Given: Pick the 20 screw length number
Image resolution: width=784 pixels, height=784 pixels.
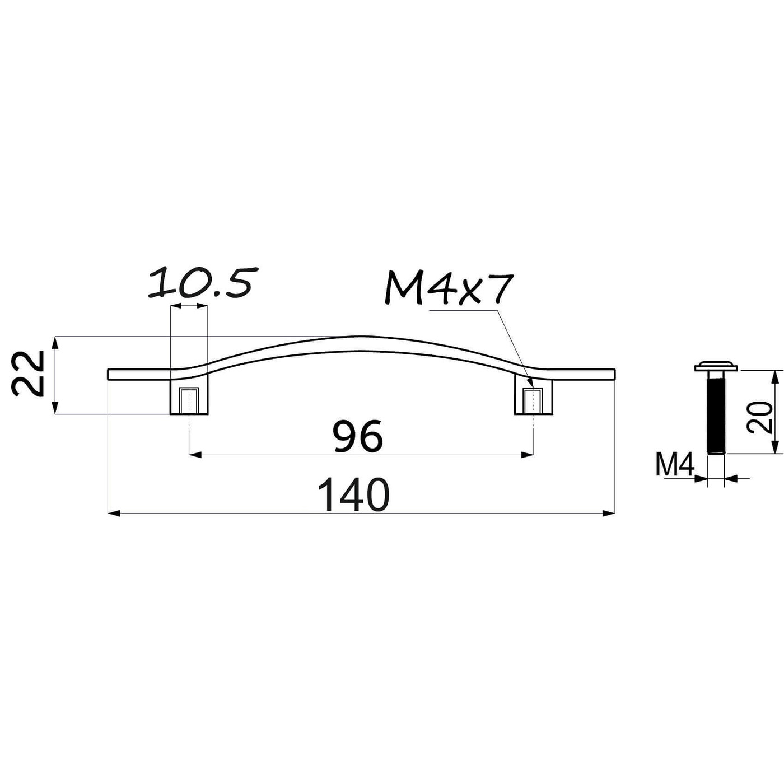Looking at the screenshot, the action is tap(759, 417).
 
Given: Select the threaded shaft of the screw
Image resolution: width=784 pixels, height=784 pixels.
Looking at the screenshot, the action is tap(716, 415).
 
